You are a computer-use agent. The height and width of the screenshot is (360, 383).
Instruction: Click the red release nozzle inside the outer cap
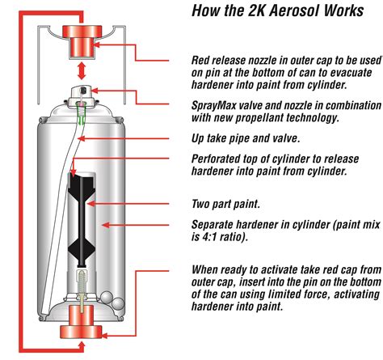click(82, 41)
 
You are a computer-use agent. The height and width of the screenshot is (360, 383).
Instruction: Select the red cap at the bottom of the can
click(81, 322)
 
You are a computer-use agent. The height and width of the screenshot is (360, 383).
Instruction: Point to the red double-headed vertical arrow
click(82, 71)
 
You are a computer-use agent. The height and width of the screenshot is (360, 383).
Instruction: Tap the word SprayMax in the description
click(214, 105)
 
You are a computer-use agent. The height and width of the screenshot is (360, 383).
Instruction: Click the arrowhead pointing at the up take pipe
click(81, 138)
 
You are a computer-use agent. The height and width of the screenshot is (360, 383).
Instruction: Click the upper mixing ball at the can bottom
click(107, 297)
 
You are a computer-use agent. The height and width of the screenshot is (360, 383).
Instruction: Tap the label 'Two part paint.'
click(225, 204)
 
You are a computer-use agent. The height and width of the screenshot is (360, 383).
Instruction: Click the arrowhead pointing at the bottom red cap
click(103, 336)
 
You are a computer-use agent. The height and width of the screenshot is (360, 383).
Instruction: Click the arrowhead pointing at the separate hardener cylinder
click(106, 225)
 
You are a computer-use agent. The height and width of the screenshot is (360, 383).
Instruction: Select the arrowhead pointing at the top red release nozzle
click(97, 44)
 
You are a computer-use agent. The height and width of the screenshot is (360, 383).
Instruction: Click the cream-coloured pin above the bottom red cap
click(82, 290)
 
